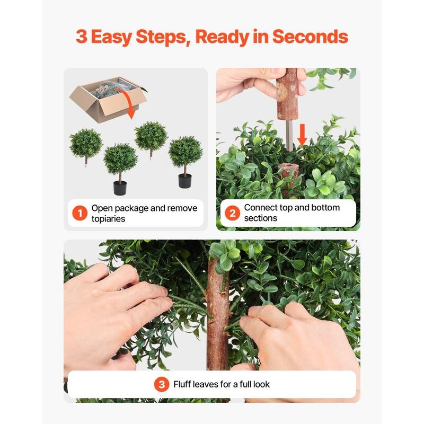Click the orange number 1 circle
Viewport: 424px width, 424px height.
(79, 214)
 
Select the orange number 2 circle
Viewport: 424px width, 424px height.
(232, 213)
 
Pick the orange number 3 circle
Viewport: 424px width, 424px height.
(162, 384)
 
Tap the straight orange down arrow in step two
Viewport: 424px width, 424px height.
(302, 135)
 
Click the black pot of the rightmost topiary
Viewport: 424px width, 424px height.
(184, 181)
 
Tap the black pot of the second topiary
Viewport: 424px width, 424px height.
(120, 188)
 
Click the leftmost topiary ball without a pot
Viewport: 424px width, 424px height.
(85, 143)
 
